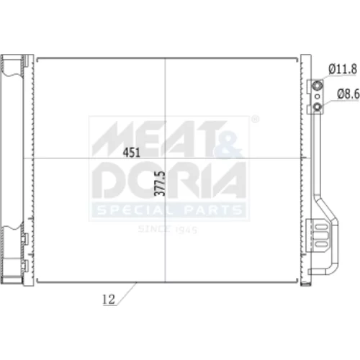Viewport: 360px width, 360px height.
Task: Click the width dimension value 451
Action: [x=131, y=153]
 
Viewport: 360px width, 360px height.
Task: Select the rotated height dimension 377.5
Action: [x=161, y=184]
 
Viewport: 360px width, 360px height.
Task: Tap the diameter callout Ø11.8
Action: [x=343, y=69]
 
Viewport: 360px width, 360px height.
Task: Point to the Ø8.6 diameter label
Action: [x=348, y=94]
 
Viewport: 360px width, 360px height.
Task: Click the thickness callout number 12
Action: [x=109, y=300]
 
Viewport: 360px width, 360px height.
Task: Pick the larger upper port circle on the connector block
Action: [x=318, y=86]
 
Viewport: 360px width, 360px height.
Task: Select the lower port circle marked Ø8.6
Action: [x=318, y=107]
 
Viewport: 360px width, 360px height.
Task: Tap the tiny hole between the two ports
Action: [x=318, y=96]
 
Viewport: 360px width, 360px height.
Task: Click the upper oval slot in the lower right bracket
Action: [x=322, y=227]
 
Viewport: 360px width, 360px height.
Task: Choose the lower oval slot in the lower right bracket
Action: [x=322, y=244]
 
